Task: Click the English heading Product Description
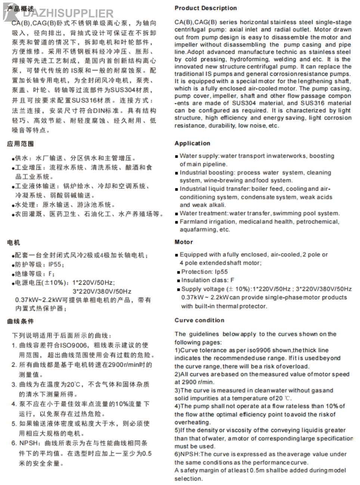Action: pyautogui.click(x=205, y=8)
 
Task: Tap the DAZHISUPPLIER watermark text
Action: pyautogui.click(x=68, y=14)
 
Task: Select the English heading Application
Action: pyautogui.click(x=192, y=143)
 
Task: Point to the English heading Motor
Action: pyautogui.click(x=184, y=242)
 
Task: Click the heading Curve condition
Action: pyautogui.click(x=199, y=320)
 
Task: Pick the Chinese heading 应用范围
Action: pyautogui.click(x=21, y=144)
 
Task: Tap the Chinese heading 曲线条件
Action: pyautogui.click(x=21, y=321)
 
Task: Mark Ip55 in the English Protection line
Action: pyautogui.click(x=221, y=272)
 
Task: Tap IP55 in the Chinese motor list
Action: pyautogui.click(x=55, y=265)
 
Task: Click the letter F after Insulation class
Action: pyautogui.click(x=232, y=280)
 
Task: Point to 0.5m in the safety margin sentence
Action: pyautogui.click(x=258, y=470)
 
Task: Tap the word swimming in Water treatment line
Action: pyautogui.click(x=287, y=213)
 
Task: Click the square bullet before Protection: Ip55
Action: pyautogui.click(x=179, y=272)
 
